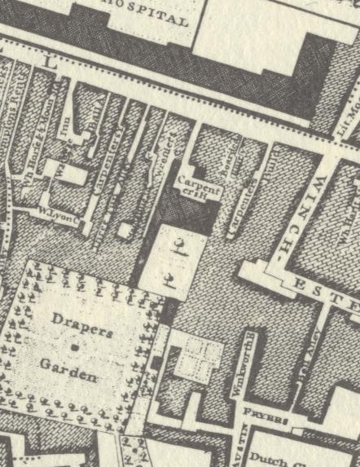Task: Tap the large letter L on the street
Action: click(x=50, y=62)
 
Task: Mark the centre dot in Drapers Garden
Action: click(x=74, y=347)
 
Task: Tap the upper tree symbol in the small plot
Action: click(x=178, y=245)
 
